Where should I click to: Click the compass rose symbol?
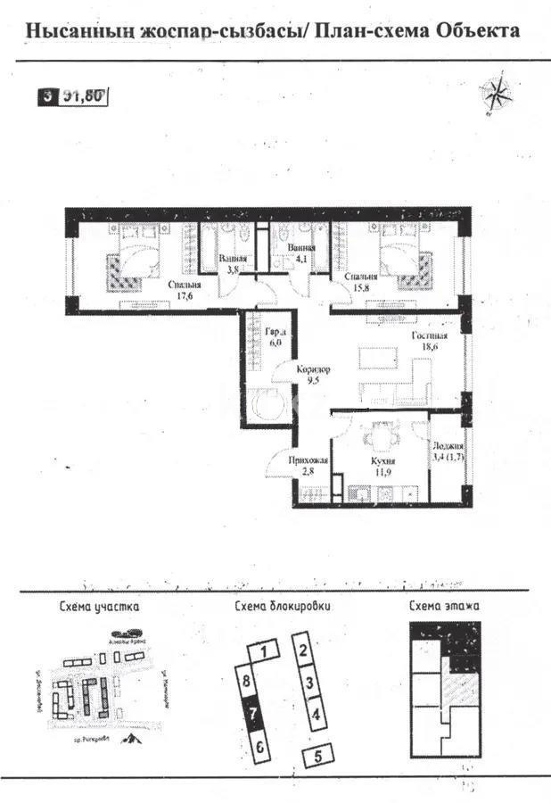(495, 93)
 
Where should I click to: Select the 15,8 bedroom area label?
(360, 283)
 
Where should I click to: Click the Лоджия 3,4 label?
(447, 452)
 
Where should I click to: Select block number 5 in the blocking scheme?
(315, 757)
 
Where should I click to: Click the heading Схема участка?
(99, 608)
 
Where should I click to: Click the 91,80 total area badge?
(83, 97)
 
